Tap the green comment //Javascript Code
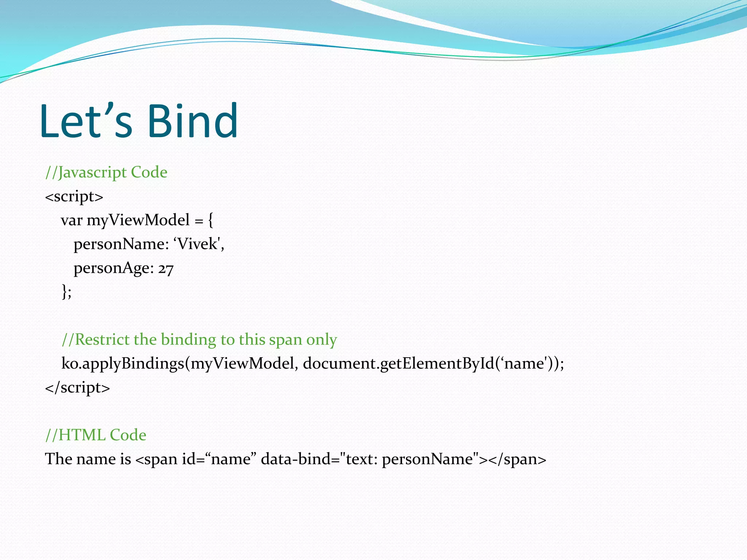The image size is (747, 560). pyautogui.click(x=106, y=172)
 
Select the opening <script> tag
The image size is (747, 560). pyautogui.click(x=74, y=197)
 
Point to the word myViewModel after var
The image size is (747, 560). pyautogui.click(x=138, y=220)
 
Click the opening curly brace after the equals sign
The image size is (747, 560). pyautogui.click(x=210, y=220)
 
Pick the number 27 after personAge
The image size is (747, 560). pyautogui.click(x=166, y=269)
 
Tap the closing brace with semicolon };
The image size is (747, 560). pyautogui.click(x=66, y=292)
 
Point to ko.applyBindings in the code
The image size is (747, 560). pyautogui.click(x=123, y=363)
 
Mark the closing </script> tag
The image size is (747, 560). pyautogui.click(x=77, y=387)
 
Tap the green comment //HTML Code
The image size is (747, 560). pyautogui.click(x=96, y=435)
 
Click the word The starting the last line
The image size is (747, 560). pyautogui.click(x=58, y=459)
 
